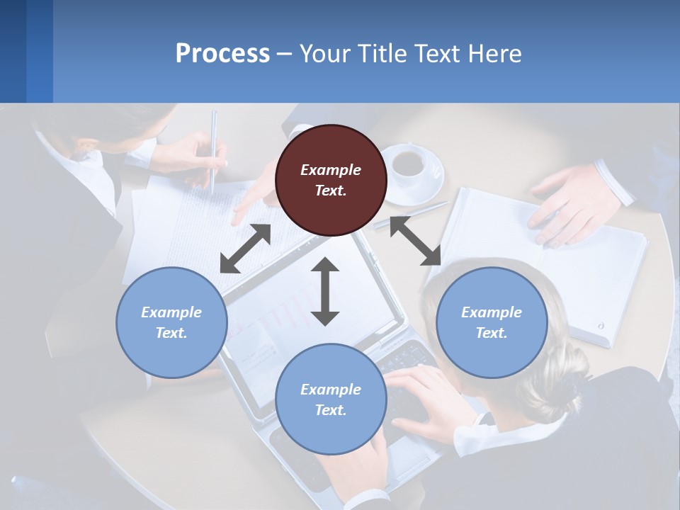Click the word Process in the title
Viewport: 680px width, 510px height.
[222, 54]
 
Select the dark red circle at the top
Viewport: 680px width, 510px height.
[331, 180]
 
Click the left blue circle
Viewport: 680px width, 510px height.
[171, 322]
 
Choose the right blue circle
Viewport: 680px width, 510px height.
[492, 322]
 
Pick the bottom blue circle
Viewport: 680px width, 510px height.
[331, 399]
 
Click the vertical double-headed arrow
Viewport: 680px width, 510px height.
[325, 291]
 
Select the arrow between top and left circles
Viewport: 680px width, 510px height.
[245, 249]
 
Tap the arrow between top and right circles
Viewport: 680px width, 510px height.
[415, 241]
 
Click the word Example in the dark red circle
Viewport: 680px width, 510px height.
[331, 170]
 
